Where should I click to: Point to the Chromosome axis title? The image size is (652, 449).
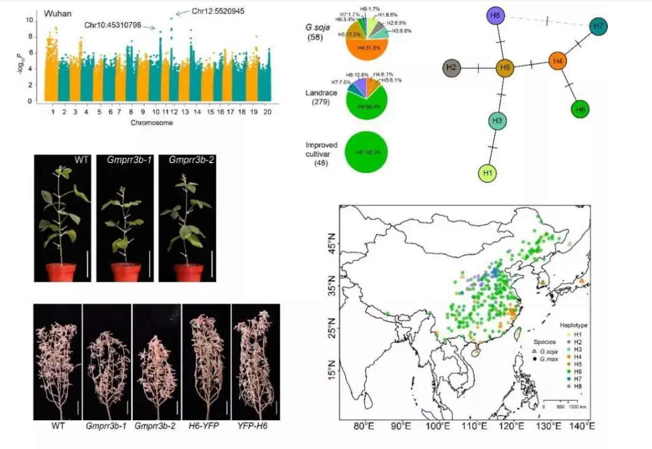point(151,123)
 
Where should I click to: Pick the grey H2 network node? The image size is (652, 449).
point(451,67)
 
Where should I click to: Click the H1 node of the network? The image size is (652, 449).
point(488,174)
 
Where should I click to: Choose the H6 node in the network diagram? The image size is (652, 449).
point(580,110)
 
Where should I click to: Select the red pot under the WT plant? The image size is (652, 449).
point(62,271)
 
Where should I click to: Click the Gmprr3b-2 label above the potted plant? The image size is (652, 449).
point(182,161)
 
